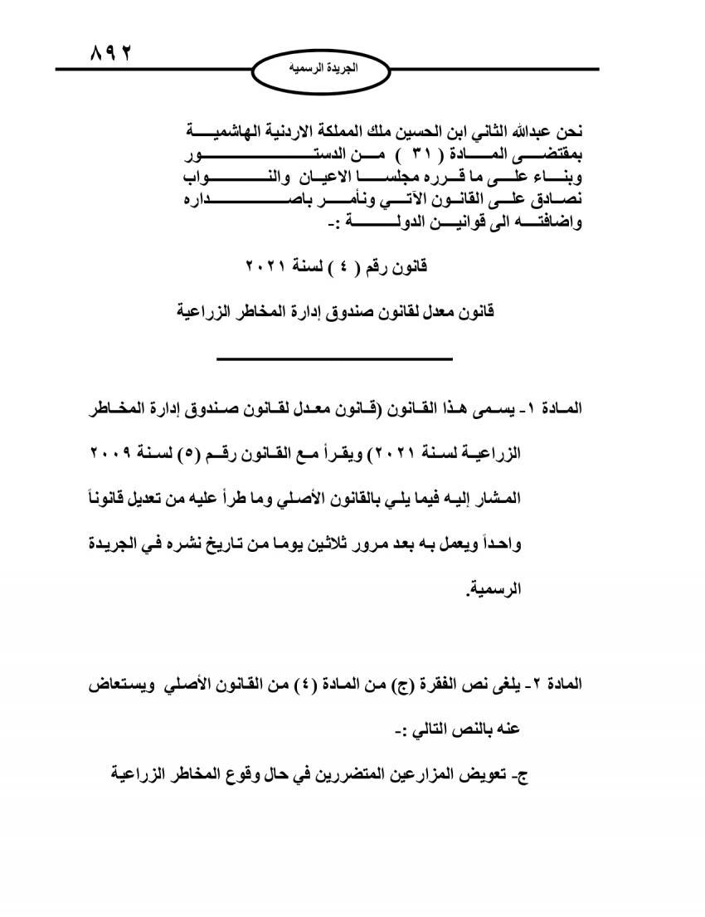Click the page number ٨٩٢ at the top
pyautogui.click(x=110, y=53)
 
